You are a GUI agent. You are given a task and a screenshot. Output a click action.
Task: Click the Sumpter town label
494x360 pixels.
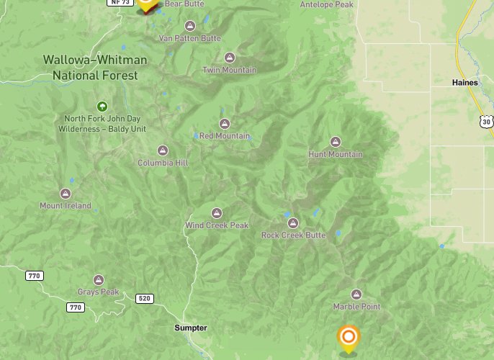tap(190, 328)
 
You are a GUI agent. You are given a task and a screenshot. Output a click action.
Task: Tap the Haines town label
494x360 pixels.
tap(464, 83)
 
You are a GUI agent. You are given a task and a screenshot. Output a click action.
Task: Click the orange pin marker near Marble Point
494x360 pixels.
tap(349, 337)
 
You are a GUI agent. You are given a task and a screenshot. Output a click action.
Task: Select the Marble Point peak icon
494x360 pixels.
tap(356, 294)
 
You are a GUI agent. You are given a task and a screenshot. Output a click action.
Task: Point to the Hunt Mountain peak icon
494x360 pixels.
tap(335, 142)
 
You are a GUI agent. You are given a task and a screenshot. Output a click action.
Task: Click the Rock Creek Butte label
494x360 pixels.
tap(293, 235)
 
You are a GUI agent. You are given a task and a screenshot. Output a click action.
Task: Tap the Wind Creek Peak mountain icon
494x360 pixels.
tap(217, 213)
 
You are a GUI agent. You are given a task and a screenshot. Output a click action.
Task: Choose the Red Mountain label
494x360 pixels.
tap(225, 136)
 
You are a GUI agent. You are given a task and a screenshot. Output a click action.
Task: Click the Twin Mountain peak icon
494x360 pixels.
tap(230, 58)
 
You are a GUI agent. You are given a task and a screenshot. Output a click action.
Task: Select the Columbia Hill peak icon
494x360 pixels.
tap(163, 150)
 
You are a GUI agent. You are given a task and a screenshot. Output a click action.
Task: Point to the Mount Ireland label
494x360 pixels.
tap(66, 206)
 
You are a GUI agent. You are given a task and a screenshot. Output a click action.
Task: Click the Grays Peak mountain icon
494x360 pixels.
tap(99, 280)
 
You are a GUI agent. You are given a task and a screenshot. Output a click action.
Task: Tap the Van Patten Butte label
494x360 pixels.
tap(189, 37)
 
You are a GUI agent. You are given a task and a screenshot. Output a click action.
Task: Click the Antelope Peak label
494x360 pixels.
tap(326, 4)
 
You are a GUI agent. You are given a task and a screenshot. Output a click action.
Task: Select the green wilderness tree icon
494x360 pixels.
tap(102, 106)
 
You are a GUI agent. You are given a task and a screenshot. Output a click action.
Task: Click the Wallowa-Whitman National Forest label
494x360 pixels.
tap(94, 66)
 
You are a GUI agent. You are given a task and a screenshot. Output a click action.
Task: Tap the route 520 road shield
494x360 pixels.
tap(145, 298)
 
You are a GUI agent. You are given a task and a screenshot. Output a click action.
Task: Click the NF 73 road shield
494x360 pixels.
tap(119, 3)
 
